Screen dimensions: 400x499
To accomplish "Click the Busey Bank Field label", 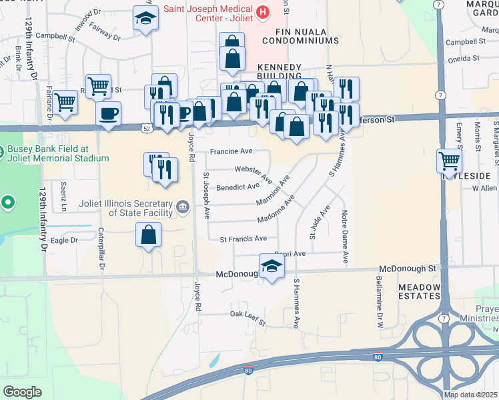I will pyautogui.click(x=58, y=153).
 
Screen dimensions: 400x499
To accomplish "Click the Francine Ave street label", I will pyautogui.click(x=231, y=152).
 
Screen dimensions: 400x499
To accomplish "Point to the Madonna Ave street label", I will pyautogui.click(x=276, y=209).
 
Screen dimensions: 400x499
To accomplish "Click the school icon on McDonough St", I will pyautogui.click(x=272, y=266).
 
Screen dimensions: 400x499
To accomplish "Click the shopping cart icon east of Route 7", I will pyautogui.click(x=450, y=161).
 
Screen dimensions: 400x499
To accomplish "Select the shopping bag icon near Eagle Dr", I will pyautogui.click(x=148, y=235).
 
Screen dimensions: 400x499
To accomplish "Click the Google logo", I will pyautogui.click(x=22, y=391).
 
